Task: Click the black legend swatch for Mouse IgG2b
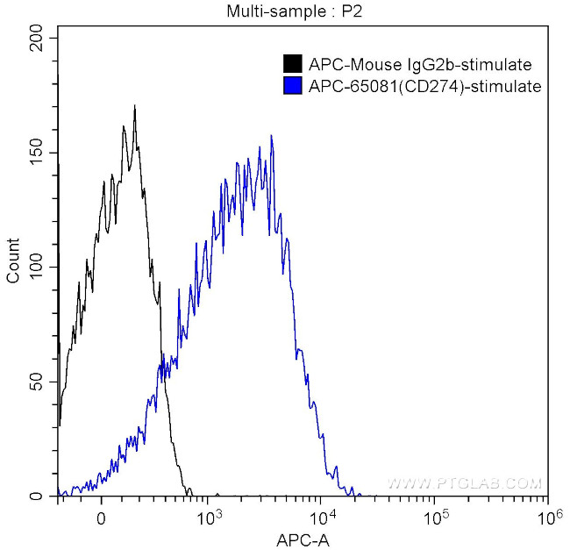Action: tap(292, 64)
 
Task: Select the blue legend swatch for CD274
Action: tap(292, 86)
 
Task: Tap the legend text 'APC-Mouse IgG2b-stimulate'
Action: tap(419, 64)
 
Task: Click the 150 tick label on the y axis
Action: tap(36, 152)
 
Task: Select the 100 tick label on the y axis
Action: tap(36, 267)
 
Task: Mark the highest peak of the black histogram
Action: tap(134, 106)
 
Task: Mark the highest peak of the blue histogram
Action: tap(271, 136)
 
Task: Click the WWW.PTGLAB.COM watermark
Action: tap(465, 483)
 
